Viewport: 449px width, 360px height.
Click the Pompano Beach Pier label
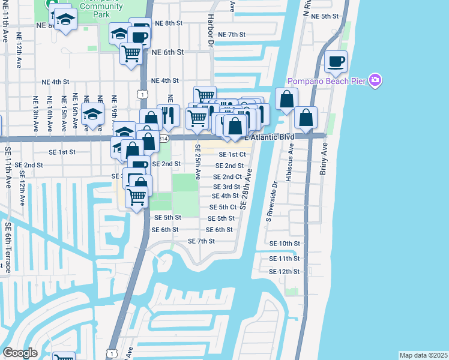(327, 81)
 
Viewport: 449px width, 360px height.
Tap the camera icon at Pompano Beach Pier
(376, 80)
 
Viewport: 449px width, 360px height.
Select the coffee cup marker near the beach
(336, 61)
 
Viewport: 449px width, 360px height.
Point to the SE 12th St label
(285, 272)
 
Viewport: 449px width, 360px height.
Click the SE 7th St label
(201, 241)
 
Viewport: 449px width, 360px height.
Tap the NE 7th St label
(232, 35)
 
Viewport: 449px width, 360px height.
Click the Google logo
(20, 353)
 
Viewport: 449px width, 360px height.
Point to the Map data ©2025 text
(423, 355)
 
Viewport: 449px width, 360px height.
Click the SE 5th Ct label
(222, 208)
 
